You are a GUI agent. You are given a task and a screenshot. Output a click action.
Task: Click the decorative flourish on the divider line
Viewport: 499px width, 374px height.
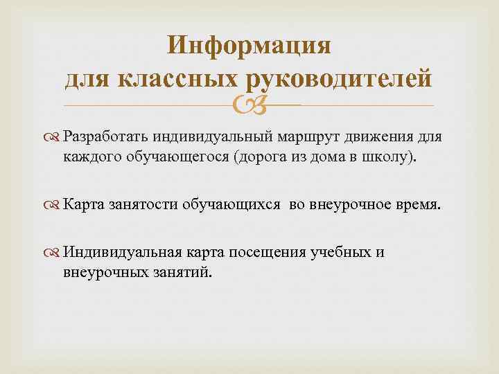[249, 106]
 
